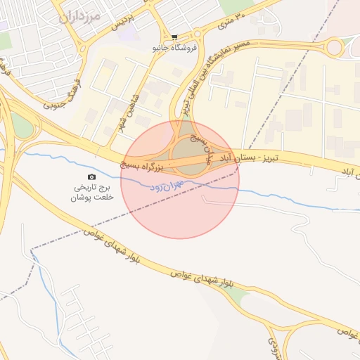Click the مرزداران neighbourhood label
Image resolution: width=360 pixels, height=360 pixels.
coord(81,15)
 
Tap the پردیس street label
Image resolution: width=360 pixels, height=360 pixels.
coord(127,22)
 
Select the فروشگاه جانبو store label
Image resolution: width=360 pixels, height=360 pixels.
coord(174,48)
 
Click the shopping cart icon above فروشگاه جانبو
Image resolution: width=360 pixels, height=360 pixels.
coord(174,37)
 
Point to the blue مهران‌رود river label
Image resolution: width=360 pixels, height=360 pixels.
coord(167,185)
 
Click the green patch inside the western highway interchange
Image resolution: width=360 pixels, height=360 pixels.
coord(23,127)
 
